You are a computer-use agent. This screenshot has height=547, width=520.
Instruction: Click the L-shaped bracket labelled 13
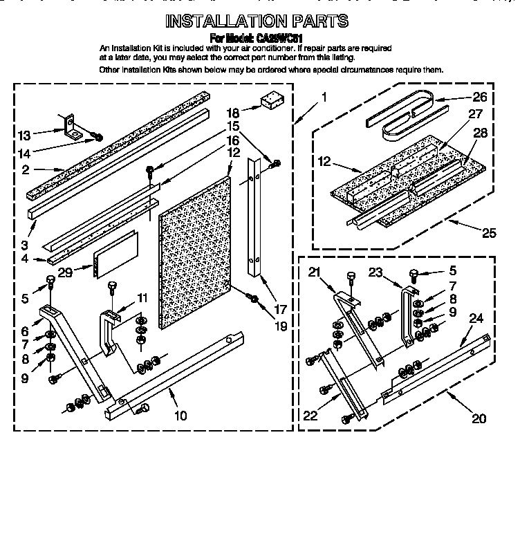pos(70,127)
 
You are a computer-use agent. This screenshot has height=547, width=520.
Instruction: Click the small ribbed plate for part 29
pos(116,253)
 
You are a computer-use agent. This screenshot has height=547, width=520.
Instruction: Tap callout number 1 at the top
pos(324,97)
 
